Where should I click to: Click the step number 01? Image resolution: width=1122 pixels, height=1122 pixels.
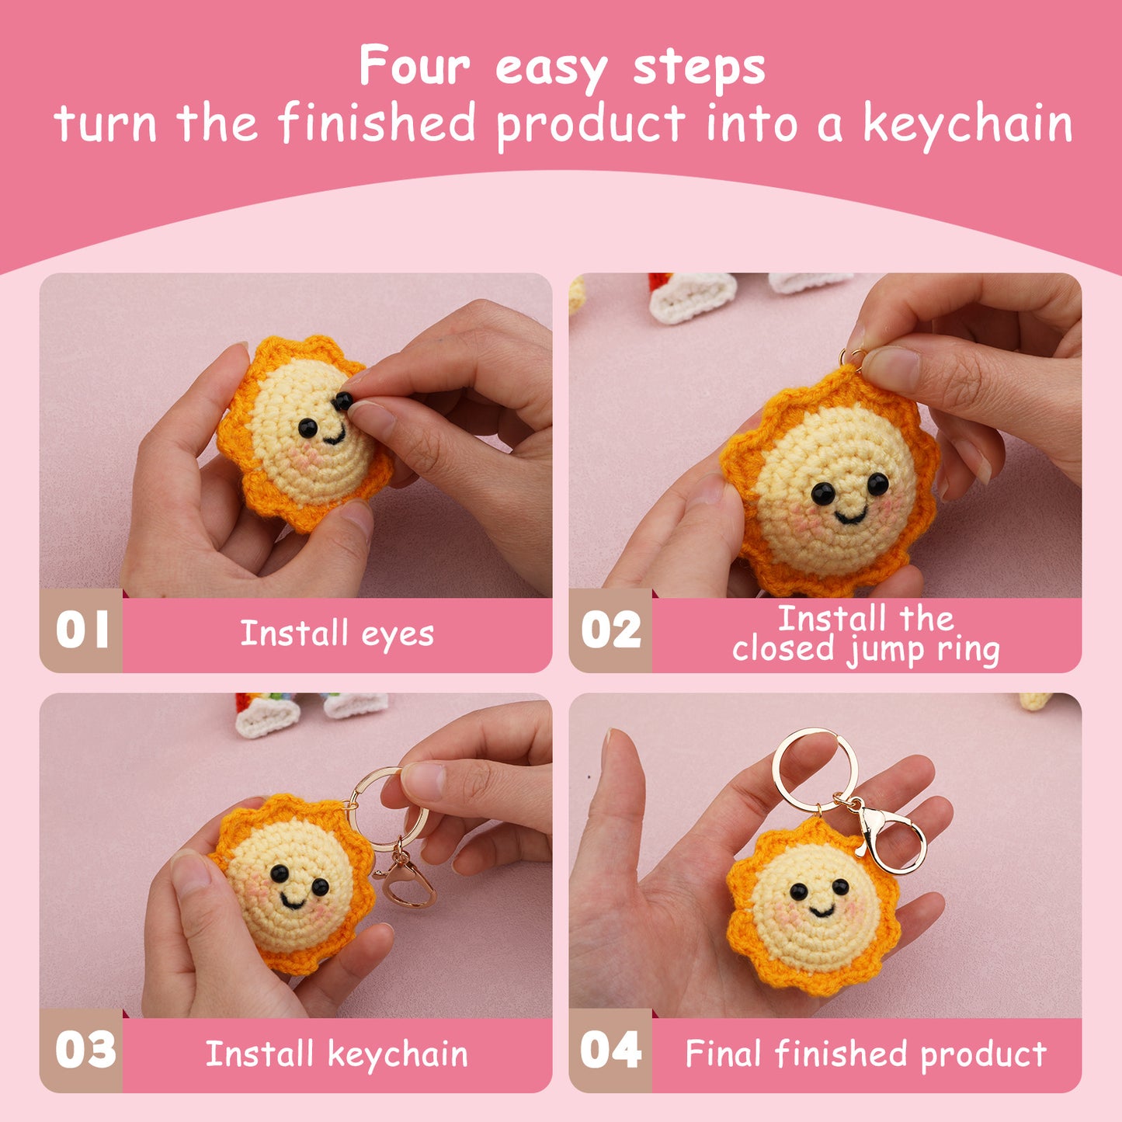click(x=82, y=630)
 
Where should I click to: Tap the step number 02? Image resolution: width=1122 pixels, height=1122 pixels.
click(x=611, y=630)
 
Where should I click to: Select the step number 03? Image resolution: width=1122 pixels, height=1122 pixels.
click(x=85, y=1050)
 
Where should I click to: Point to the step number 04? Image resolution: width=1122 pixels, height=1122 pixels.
click(x=611, y=1050)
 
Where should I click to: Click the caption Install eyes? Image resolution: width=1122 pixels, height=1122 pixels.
click(x=337, y=634)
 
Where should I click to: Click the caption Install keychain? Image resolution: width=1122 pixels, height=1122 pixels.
click(x=337, y=1054)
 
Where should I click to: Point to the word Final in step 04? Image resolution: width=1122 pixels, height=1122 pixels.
click(x=723, y=1054)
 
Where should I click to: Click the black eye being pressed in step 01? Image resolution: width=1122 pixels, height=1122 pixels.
click(x=342, y=401)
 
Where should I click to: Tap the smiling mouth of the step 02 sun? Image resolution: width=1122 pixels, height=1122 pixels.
click(x=850, y=516)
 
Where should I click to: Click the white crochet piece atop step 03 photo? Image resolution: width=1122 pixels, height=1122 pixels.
click(x=266, y=718)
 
